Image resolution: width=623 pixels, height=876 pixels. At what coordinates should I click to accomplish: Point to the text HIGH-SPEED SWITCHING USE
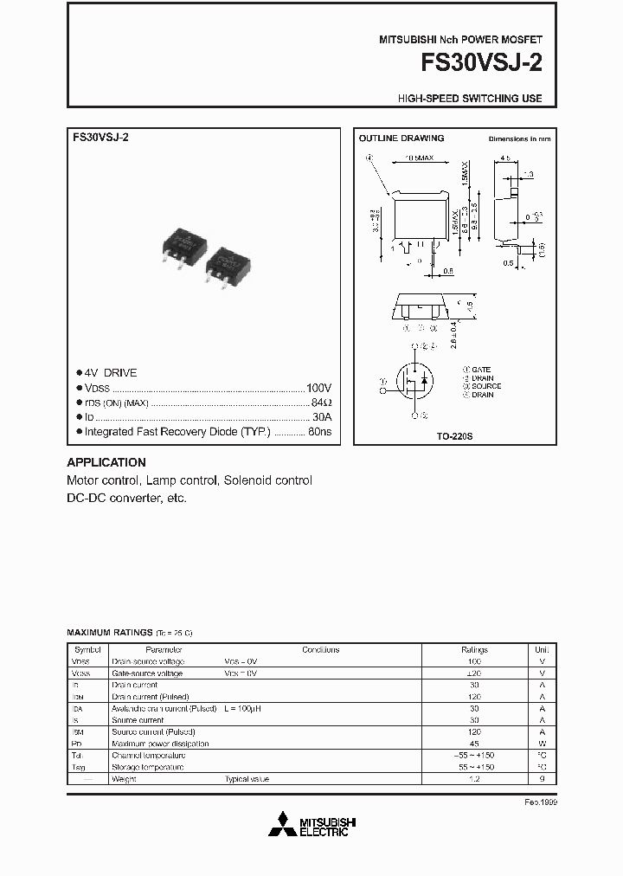470,99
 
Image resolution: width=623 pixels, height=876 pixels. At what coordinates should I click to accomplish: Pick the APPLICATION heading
106,462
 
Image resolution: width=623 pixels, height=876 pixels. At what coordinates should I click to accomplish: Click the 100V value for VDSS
318,388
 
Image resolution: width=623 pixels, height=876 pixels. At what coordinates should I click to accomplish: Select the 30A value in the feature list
321,416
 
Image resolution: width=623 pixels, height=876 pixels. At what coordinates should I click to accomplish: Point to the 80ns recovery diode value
319,431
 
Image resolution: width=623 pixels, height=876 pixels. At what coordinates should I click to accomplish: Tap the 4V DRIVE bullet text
111,373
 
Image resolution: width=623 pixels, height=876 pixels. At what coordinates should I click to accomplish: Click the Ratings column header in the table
474,649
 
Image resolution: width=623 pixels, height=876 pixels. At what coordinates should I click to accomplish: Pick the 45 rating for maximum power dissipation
474,744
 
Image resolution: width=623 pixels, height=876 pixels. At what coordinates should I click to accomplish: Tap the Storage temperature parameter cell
148,767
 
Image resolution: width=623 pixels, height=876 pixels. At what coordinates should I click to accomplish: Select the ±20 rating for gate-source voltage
474,673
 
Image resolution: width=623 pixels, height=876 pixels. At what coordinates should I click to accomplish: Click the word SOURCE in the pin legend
486,386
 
